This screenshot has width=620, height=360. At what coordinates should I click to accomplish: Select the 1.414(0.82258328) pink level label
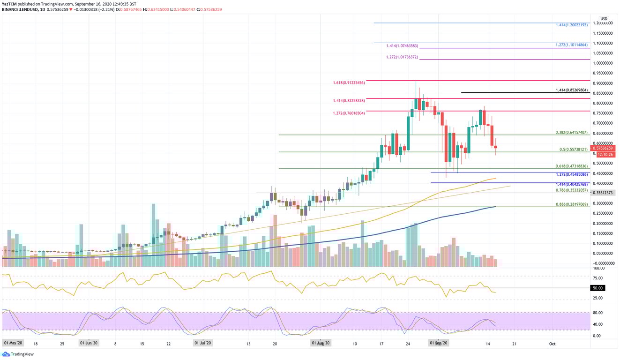[349, 100]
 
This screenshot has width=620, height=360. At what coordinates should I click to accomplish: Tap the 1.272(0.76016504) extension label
[349, 112]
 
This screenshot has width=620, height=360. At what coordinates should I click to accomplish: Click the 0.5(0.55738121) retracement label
[573, 150]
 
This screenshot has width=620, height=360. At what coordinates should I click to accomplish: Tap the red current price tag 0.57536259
[605, 148]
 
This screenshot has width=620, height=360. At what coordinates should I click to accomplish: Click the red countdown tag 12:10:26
[605, 154]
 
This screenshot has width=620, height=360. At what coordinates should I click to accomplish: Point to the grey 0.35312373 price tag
[605, 193]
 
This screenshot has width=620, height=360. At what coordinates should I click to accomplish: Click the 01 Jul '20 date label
[203, 344]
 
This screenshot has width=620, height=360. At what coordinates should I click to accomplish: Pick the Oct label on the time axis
[552, 344]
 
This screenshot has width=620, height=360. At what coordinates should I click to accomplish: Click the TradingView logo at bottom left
[18, 354]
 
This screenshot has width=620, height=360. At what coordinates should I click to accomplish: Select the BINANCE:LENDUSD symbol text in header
[21, 9]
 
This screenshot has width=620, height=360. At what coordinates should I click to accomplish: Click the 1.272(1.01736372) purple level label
[402, 57]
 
